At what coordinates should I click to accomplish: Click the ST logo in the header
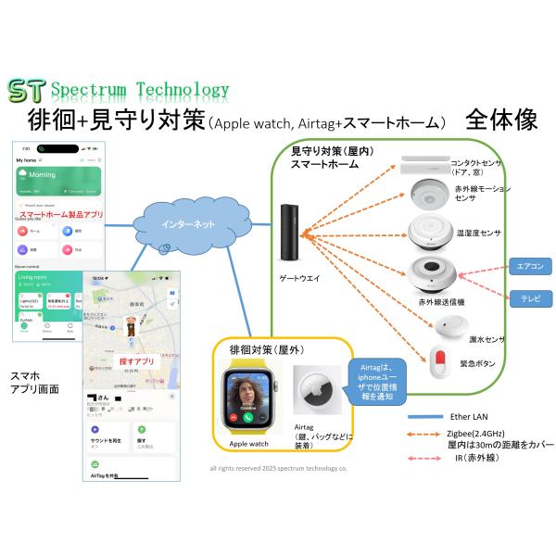click(26, 91)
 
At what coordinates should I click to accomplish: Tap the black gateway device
click(291, 229)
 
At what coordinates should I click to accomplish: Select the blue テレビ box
click(531, 298)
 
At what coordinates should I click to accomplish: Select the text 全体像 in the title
click(501, 121)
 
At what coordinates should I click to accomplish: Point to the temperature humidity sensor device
click(428, 232)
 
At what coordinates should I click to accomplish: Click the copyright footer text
click(278, 469)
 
